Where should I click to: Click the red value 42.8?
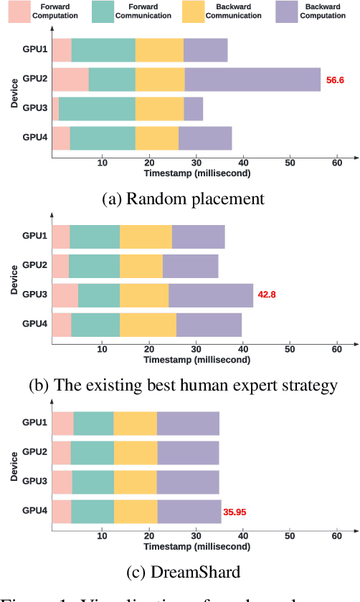(x=267, y=295)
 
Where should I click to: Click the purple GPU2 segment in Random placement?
(x=252, y=79)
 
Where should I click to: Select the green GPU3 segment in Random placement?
(x=97, y=108)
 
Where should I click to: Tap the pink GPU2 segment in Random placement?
(x=70, y=79)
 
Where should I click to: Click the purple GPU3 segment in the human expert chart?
(x=211, y=295)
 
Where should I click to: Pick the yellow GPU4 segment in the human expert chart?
(x=148, y=324)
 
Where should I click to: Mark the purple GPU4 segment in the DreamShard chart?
(x=189, y=511)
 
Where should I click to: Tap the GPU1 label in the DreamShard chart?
(x=34, y=422)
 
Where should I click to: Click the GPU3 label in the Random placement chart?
(x=34, y=107)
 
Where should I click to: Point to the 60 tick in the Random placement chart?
(x=336, y=163)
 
